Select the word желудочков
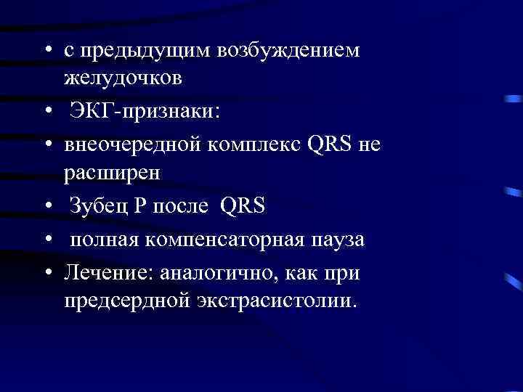[121, 76]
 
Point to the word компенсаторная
[217, 240]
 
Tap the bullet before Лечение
[48, 274]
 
